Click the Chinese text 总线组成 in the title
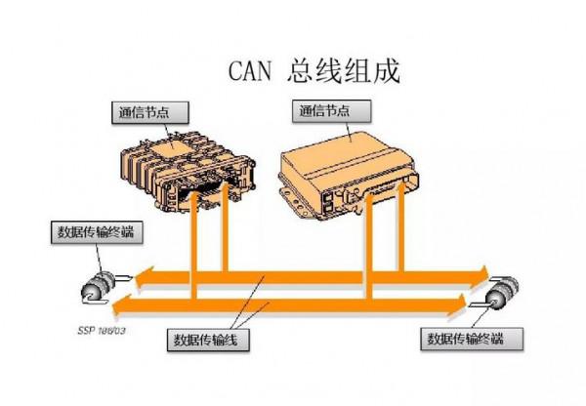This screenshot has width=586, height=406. point(344,71)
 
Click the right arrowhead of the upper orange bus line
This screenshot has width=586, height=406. point(482,269)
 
